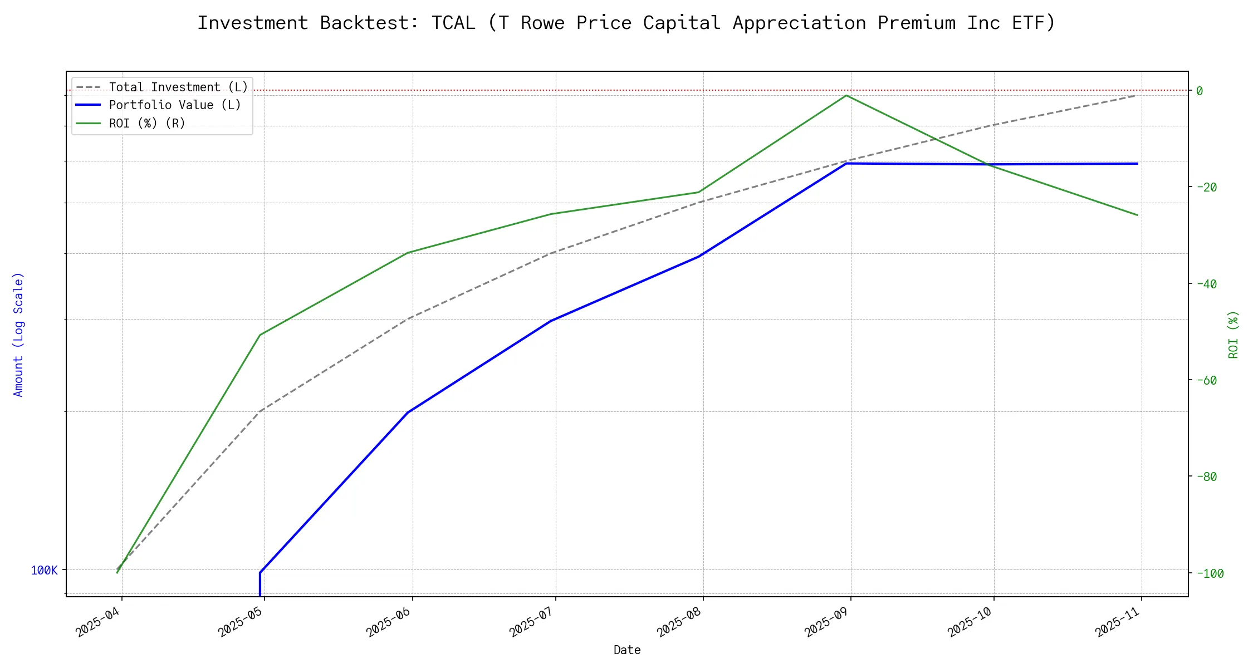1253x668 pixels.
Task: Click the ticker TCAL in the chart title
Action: point(453,23)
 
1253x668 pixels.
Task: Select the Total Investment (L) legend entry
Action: point(178,87)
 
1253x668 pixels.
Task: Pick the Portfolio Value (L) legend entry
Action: point(175,105)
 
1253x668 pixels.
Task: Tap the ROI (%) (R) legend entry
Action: point(147,123)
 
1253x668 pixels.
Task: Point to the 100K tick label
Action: point(44,570)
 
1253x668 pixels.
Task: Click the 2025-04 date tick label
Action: point(99,622)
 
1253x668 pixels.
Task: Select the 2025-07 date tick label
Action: point(532,622)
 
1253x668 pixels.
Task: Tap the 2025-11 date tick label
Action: point(1118,622)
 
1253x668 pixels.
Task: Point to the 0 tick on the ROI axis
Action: point(1200,91)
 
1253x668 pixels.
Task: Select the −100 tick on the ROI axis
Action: point(1209,573)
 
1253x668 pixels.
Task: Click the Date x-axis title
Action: point(627,650)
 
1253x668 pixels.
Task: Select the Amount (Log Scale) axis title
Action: point(18,334)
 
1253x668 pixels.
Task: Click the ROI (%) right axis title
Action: point(1234,334)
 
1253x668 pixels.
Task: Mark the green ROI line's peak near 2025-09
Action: point(846,95)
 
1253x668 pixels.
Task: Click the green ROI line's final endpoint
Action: point(1137,215)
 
